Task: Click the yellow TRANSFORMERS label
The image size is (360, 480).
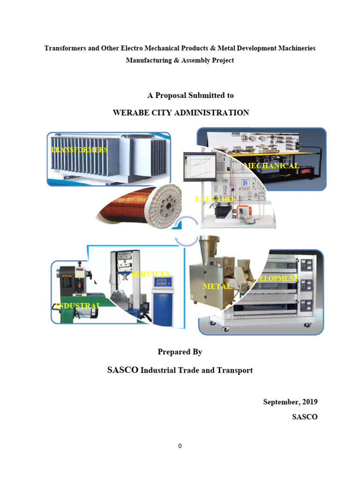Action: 79,150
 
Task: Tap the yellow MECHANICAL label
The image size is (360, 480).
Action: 271,166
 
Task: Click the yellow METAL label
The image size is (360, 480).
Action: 217,286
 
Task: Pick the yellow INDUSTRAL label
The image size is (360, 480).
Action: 78,306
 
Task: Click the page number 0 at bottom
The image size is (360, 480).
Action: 180,446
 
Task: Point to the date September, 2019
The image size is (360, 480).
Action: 290,402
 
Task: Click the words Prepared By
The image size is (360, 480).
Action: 180,352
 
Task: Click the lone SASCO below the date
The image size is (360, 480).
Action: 305,417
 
